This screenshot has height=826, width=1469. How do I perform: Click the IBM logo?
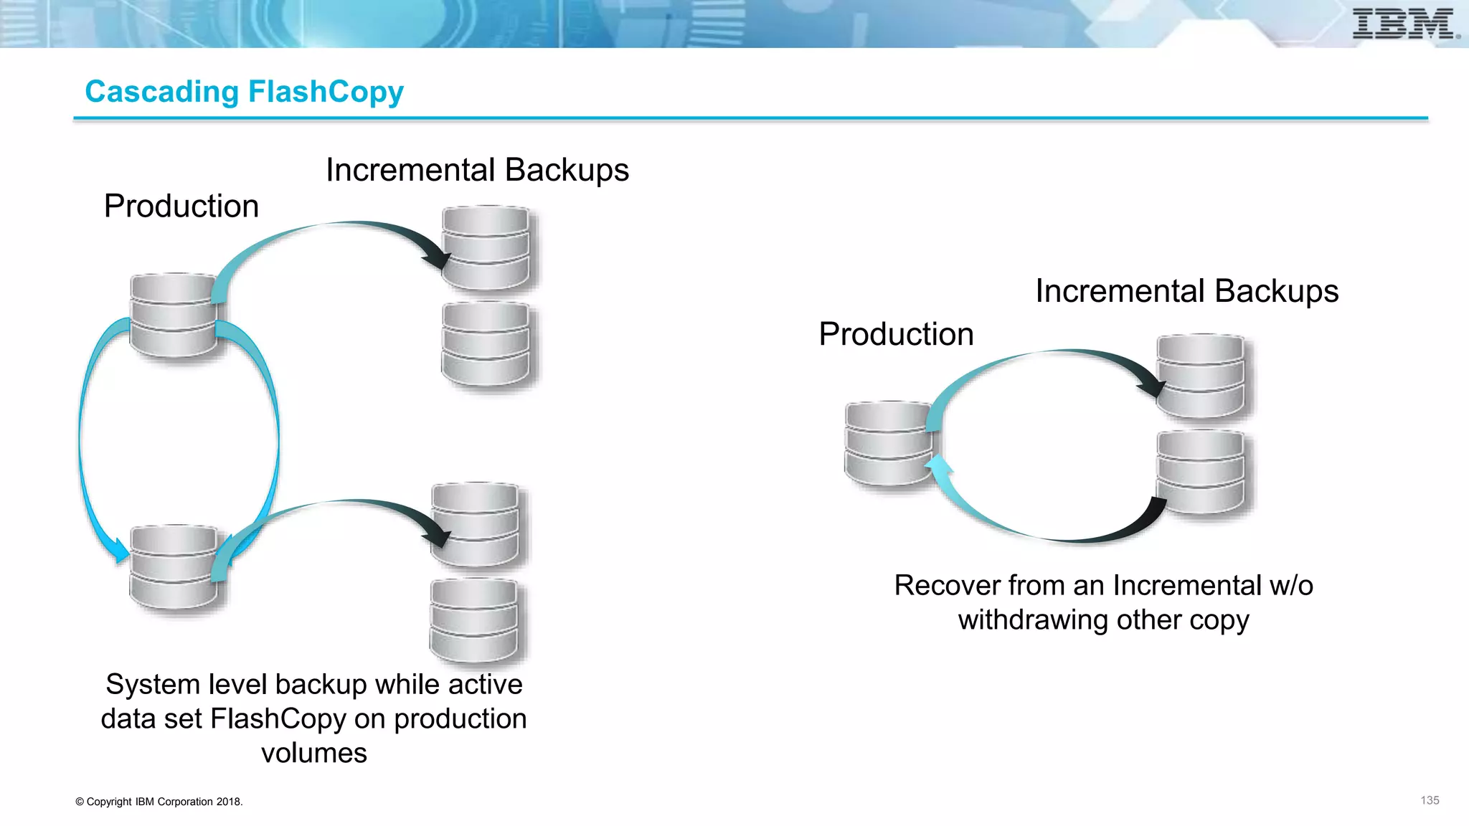click(1404, 24)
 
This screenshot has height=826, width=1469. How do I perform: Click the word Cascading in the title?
click(161, 92)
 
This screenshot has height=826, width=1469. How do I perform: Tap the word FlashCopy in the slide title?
click(326, 92)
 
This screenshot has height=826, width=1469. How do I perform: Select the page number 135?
click(1430, 800)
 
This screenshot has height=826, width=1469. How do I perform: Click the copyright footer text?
click(159, 802)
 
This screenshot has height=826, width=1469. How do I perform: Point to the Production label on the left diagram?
click(181, 206)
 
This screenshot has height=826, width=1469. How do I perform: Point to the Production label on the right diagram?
click(896, 334)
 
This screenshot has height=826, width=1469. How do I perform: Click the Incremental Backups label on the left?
click(477, 171)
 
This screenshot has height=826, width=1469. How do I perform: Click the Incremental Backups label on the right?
click(1186, 291)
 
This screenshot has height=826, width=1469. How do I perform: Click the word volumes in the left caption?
click(313, 754)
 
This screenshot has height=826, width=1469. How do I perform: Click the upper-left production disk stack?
click(174, 315)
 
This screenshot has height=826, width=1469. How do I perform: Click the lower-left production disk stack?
click(174, 567)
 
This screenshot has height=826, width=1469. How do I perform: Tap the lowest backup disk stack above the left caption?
click(474, 620)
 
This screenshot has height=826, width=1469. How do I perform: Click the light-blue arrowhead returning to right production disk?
click(937, 468)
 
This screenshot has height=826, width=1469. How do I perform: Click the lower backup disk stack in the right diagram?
click(1200, 471)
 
